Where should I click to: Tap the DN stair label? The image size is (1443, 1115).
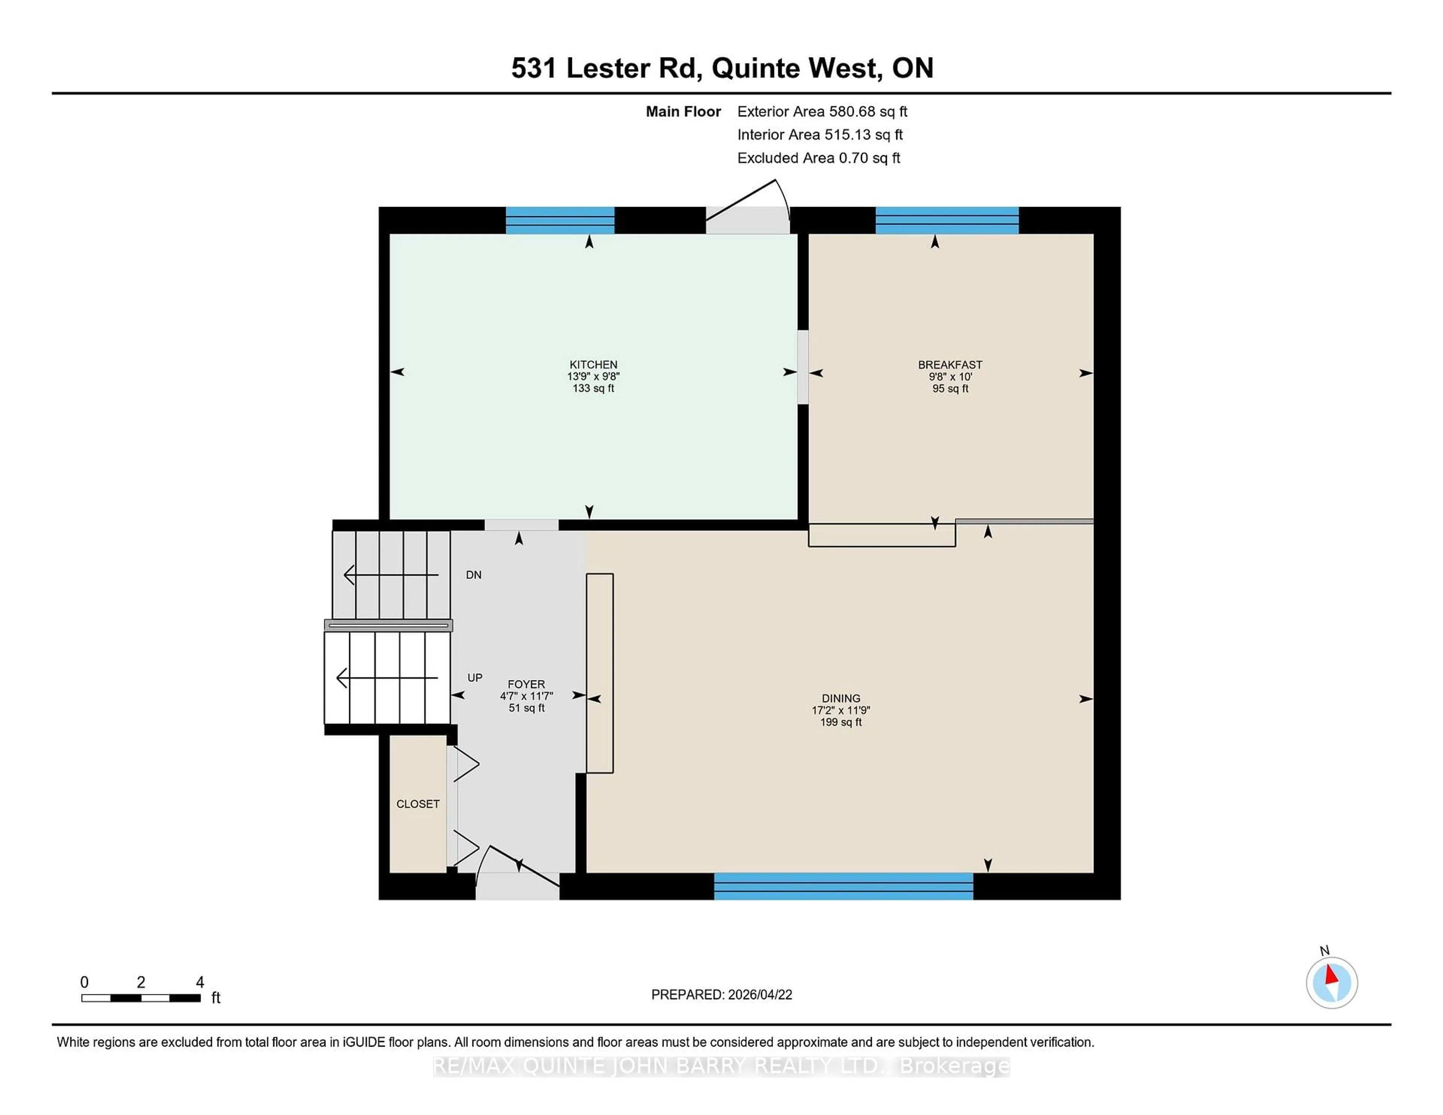[473, 575]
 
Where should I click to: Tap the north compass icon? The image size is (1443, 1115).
[1331, 983]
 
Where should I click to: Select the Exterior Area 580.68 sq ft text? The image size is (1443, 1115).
[822, 112]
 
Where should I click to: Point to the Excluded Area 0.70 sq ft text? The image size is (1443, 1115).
[818, 158]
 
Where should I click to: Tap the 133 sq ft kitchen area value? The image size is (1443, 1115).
[593, 388]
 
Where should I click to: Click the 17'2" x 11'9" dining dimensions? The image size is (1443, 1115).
[840, 710]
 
